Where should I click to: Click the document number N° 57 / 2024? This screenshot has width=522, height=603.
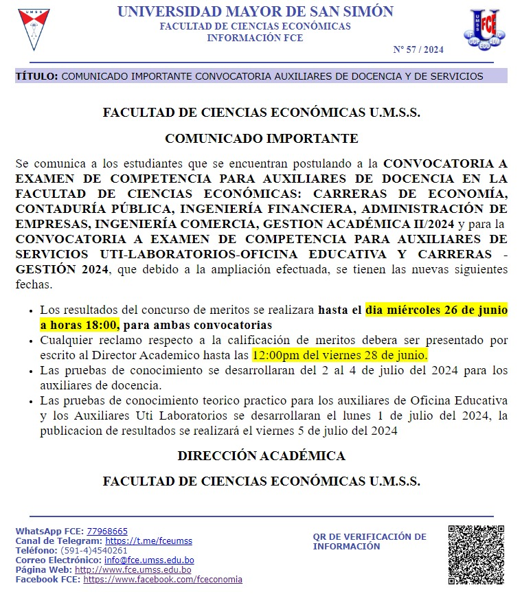click(418, 49)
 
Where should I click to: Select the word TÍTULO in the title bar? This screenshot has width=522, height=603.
click(36, 76)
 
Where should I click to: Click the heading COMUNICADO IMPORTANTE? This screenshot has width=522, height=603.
click(261, 139)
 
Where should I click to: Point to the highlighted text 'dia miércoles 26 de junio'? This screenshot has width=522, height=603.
click(436, 310)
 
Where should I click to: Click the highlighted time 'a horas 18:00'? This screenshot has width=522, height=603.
click(79, 325)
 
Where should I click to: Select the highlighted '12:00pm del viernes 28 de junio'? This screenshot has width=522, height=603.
click(340, 356)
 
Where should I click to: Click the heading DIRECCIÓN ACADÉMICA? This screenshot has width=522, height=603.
click(261, 456)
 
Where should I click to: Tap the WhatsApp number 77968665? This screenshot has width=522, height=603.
click(107, 532)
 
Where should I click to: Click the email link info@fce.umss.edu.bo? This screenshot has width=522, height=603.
click(149, 560)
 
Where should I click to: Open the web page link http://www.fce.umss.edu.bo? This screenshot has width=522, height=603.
click(133, 570)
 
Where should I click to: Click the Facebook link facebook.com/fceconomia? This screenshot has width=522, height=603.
click(163, 580)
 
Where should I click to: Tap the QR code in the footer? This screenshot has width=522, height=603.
click(476, 555)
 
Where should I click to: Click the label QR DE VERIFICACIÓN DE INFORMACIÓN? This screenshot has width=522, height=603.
click(370, 542)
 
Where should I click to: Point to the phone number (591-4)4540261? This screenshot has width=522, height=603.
click(94, 551)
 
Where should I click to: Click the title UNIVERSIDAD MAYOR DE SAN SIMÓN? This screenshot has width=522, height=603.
click(255, 12)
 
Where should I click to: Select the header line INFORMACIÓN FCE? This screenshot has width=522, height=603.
click(255, 38)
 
